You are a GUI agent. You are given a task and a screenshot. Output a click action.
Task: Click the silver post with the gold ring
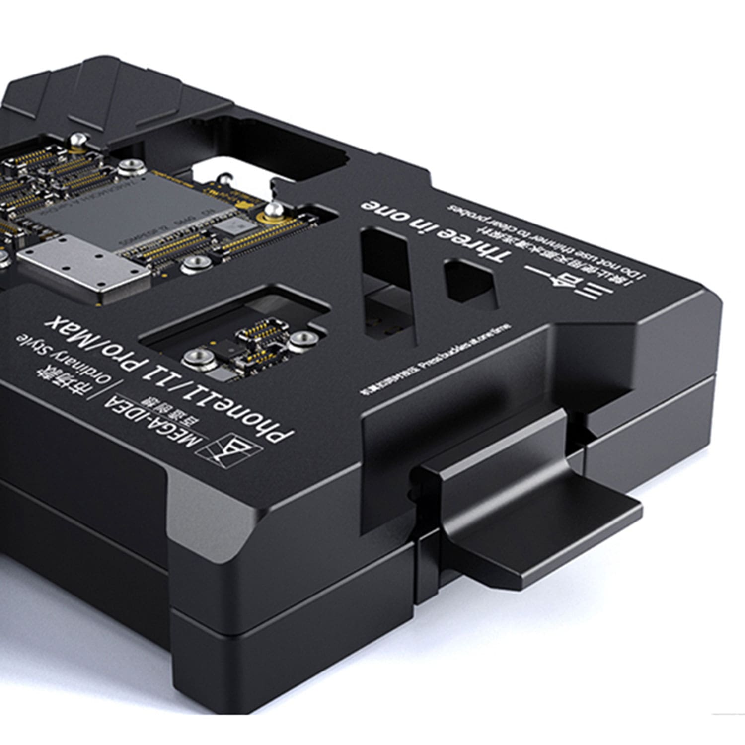(273, 211)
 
